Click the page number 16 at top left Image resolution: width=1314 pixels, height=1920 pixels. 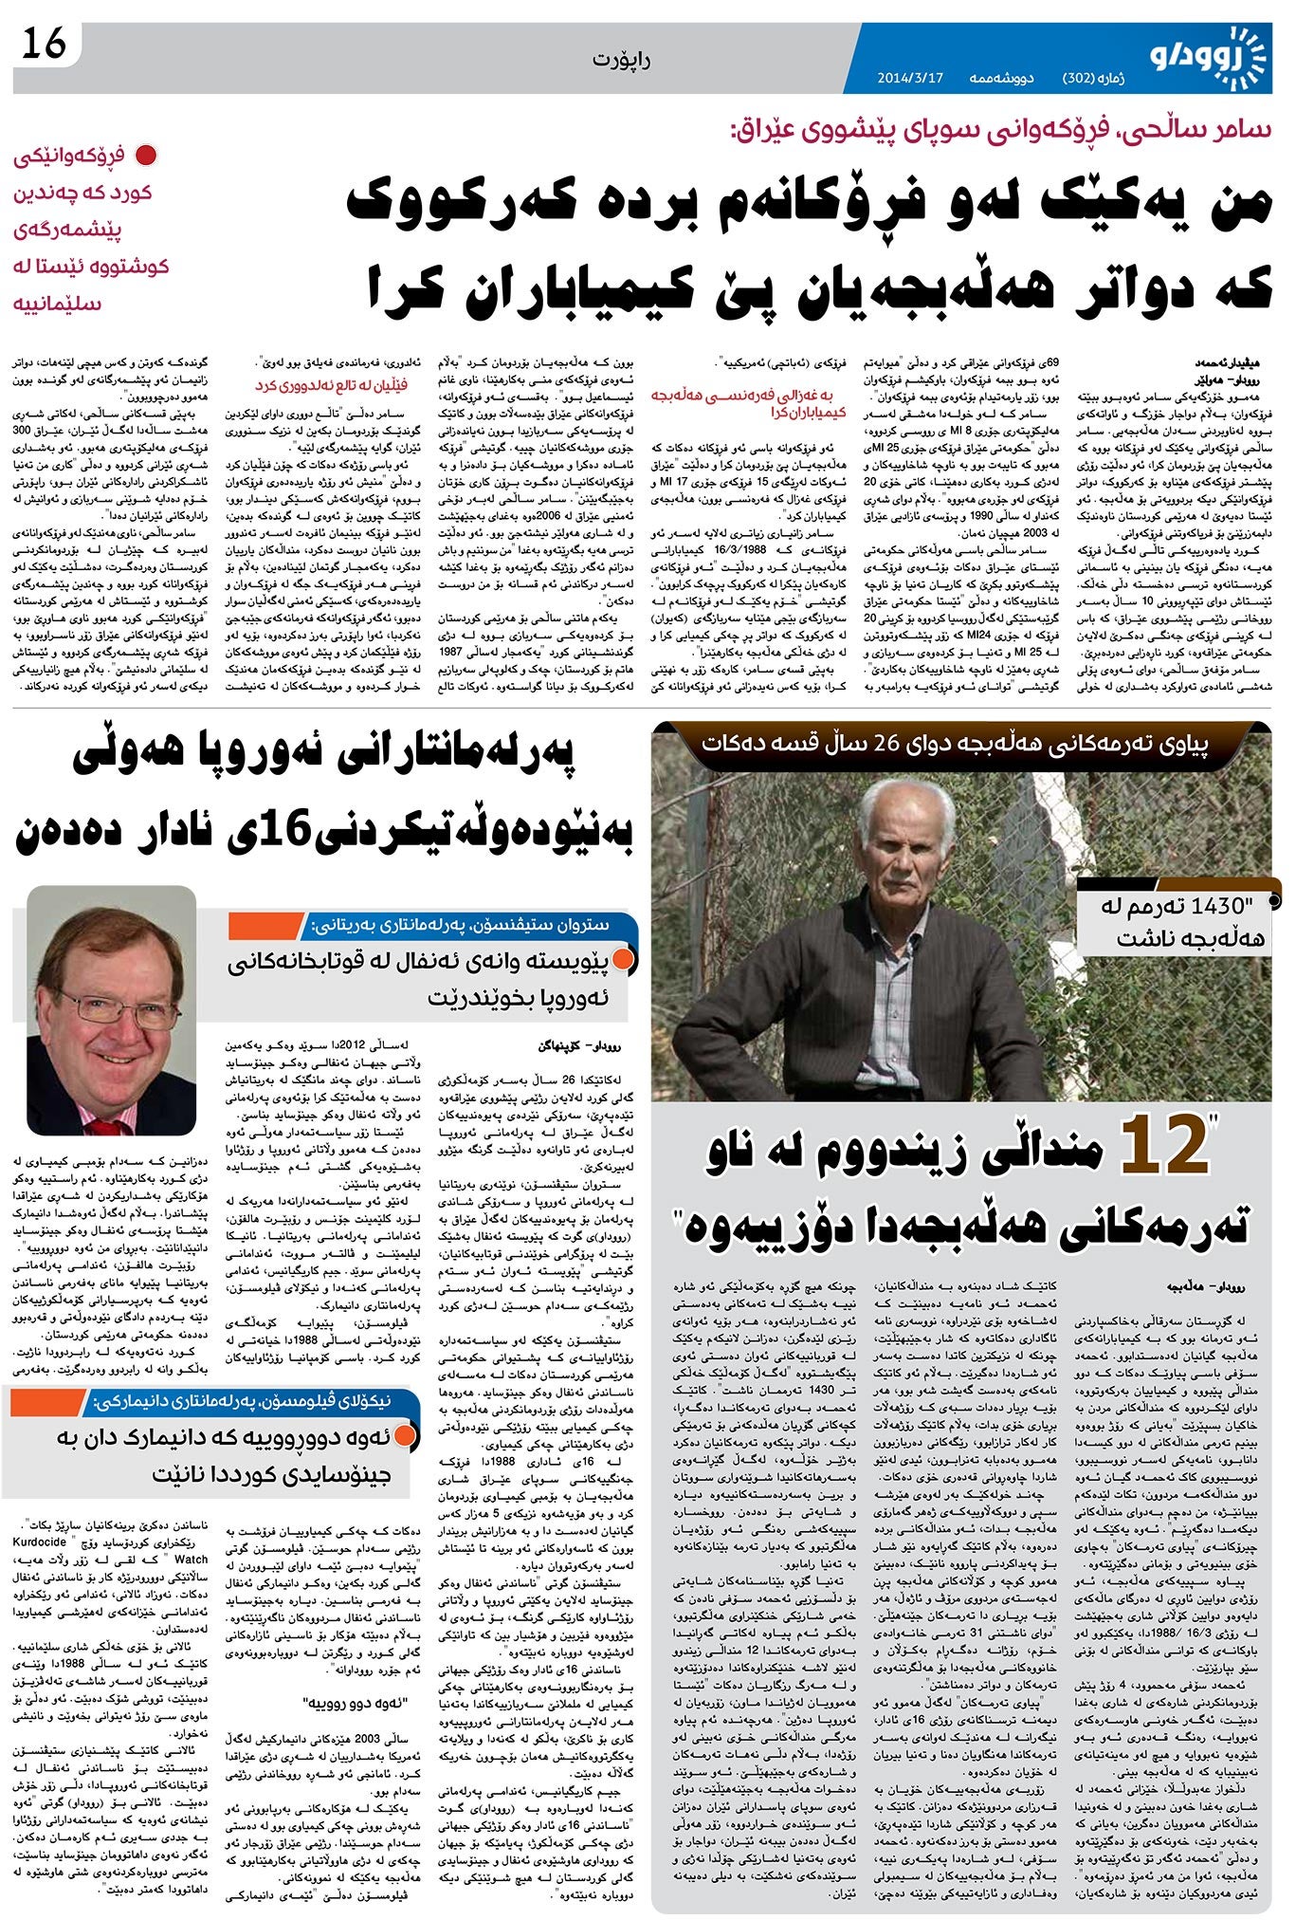[x=45, y=44]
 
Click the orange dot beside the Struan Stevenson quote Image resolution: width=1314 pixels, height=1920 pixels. [x=622, y=960]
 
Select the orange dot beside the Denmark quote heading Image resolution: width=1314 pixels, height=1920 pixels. [x=405, y=1436]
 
